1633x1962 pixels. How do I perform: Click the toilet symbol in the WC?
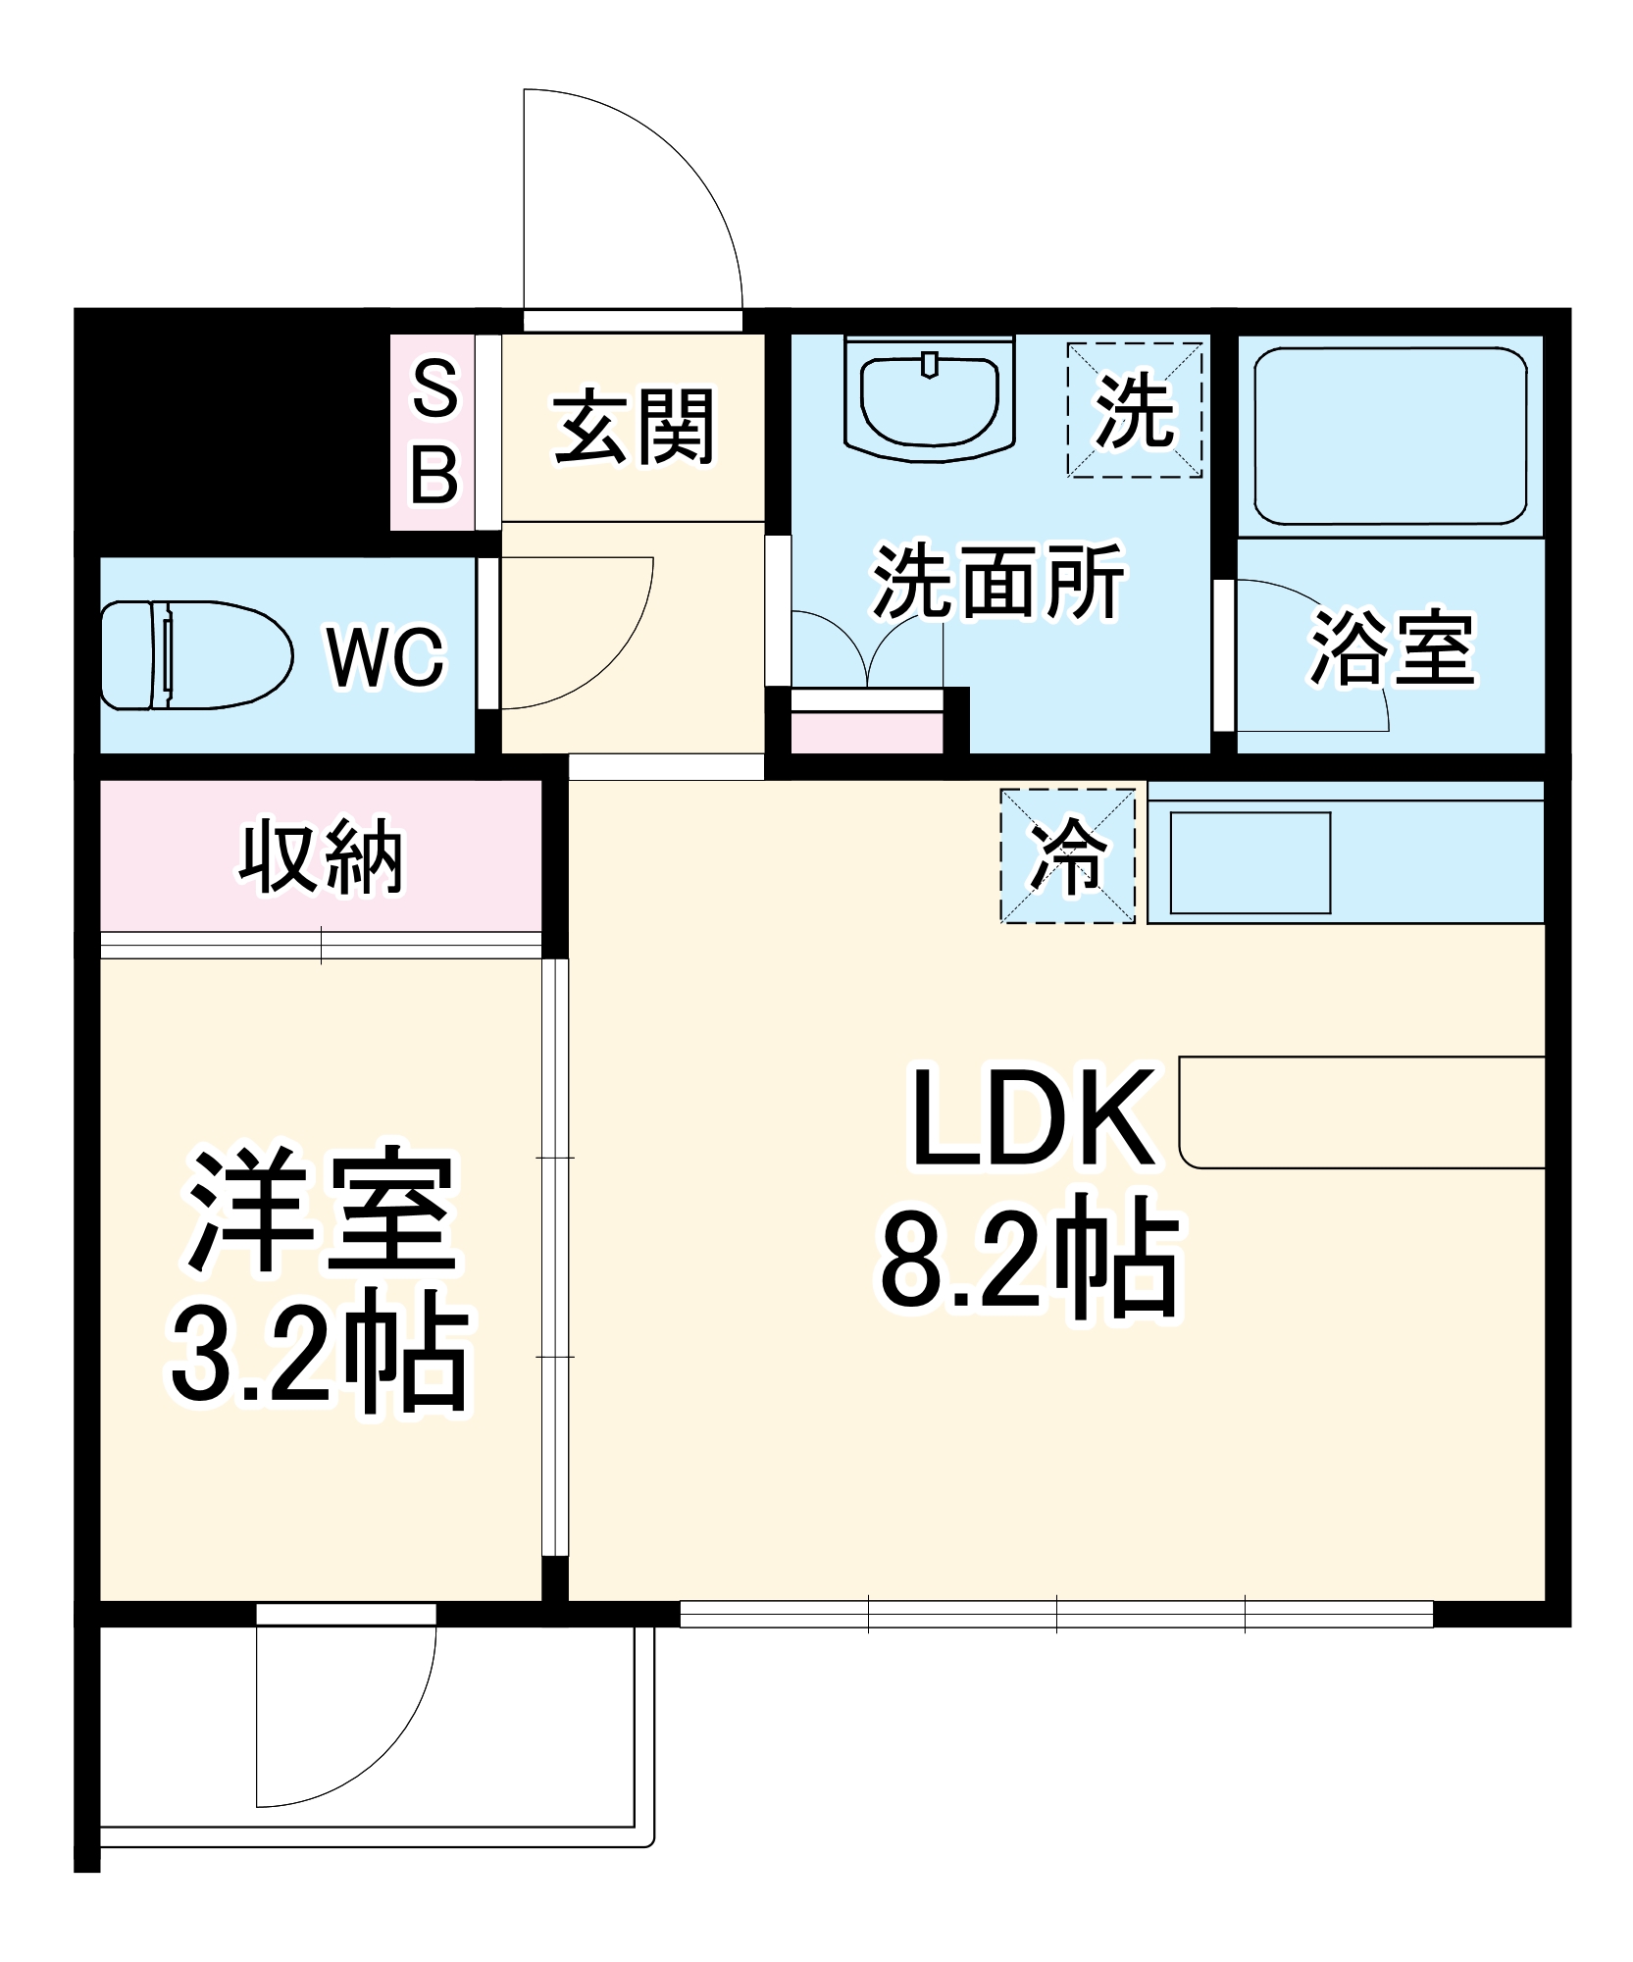click(196, 654)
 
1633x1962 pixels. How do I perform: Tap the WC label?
click(385, 656)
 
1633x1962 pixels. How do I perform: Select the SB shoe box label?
click(434, 432)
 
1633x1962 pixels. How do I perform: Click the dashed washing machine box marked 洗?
click(1135, 410)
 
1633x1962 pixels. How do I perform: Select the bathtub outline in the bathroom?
click(1390, 436)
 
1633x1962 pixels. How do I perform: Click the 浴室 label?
click(1393, 647)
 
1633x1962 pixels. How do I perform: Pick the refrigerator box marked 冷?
click(1068, 856)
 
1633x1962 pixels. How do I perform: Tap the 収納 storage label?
click(321, 857)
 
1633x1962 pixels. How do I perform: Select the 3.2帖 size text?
click(321, 1358)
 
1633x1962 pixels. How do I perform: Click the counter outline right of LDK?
click(1361, 1112)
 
